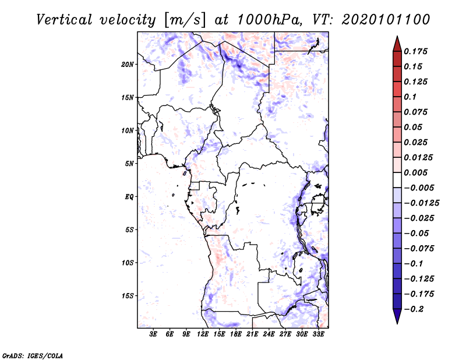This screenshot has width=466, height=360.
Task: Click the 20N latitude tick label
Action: [x=128, y=65]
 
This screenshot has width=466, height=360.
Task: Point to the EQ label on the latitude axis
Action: [x=129, y=197]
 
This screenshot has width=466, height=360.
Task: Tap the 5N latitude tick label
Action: [x=129, y=164]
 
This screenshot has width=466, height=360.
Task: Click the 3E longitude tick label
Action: [x=153, y=334]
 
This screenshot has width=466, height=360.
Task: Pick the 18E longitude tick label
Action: [x=236, y=334]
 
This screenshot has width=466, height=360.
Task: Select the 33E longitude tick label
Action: [x=318, y=334]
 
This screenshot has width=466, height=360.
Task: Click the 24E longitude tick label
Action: [x=269, y=334]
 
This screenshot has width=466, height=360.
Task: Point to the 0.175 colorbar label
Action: [x=415, y=51]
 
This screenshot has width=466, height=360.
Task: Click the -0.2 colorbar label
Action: [x=414, y=309]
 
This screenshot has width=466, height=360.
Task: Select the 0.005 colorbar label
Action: [x=415, y=172]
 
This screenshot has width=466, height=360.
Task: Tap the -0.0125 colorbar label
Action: [x=421, y=203]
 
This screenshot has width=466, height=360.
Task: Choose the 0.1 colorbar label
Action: [x=410, y=97]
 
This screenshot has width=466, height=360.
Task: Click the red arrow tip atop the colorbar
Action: [x=397, y=36]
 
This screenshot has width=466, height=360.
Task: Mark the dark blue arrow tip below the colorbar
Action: [x=397, y=323]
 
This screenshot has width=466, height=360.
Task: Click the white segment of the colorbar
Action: [x=397, y=180]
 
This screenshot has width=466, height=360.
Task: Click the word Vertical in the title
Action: [x=64, y=20]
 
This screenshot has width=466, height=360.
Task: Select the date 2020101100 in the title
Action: [x=386, y=20]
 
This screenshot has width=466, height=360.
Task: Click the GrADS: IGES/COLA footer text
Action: [x=33, y=355]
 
